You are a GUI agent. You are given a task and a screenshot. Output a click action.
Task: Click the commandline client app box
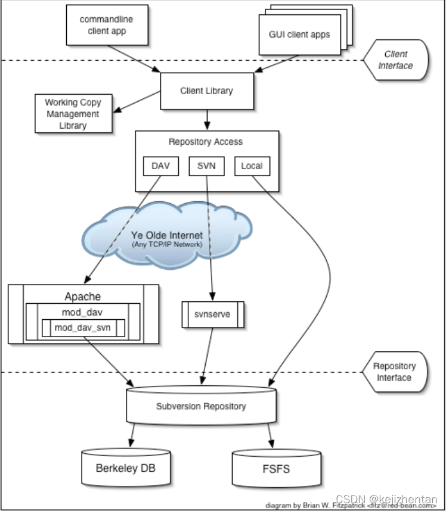[106, 25]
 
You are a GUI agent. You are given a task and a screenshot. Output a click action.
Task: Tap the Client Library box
[206, 91]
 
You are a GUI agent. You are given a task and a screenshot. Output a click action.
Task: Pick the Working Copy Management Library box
[73, 114]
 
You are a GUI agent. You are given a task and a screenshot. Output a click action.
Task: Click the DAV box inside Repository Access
[161, 166]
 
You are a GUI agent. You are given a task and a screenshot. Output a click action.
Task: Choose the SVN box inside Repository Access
[206, 166]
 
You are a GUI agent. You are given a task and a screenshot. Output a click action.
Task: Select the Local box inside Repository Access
[252, 166]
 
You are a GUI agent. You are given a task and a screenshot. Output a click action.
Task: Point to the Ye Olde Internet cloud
[166, 238]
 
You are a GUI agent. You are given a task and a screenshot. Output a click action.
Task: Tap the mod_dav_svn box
[83, 328]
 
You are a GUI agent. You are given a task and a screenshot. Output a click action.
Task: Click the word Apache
[82, 296]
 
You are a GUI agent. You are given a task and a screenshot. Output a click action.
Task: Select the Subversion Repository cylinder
[201, 407]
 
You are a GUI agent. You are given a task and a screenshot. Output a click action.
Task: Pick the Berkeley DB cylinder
[125, 469]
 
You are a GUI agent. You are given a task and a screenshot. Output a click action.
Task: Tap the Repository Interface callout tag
[394, 372]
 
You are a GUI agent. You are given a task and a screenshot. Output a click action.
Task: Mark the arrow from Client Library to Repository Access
[206, 119]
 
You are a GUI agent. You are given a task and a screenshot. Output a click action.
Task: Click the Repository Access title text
[206, 142]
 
